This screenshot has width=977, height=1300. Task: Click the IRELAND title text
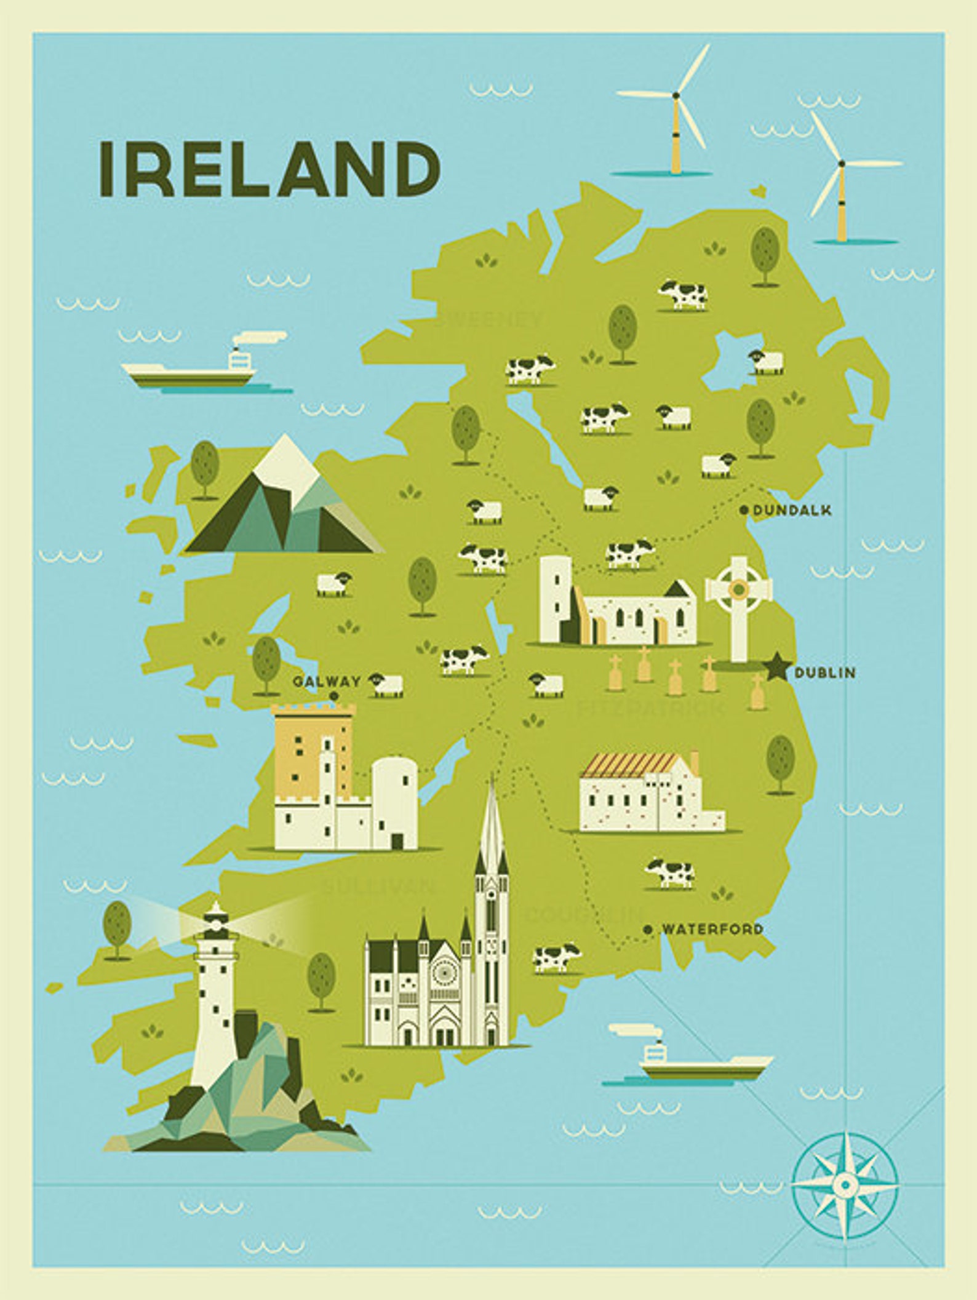coord(269,169)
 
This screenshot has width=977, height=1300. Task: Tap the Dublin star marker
coord(777,668)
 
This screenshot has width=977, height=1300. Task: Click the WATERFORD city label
coord(712,929)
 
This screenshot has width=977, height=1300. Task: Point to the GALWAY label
coord(326,681)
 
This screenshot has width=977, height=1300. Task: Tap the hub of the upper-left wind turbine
coord(676,95)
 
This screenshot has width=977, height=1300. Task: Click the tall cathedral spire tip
coord(491,784)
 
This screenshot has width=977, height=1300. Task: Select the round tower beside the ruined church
coord(556,600)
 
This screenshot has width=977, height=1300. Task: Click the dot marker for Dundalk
coord(744,509)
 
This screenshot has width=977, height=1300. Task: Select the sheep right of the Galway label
coord(386,684)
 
